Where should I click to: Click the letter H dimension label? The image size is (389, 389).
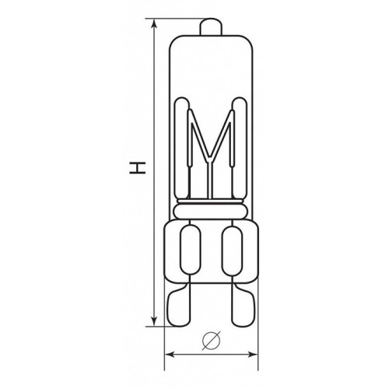click(x=138, y=168)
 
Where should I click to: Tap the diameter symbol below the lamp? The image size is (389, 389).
click(x=212, y=341)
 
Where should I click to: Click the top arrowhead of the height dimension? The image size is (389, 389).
click(x=154, y=23)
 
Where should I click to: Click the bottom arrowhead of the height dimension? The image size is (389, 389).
click(x=154, y=322)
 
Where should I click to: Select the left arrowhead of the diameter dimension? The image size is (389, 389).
click(x=170, y=354)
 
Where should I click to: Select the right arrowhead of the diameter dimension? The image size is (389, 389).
click(x=254, y=354)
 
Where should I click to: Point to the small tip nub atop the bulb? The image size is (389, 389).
click(x=211, y=26)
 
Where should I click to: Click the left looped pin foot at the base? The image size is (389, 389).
click(x=178, y=305)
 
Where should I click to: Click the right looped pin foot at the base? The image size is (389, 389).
click(x=244, y=305)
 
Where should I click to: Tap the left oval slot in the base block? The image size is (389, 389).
click(x=191, y=250)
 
